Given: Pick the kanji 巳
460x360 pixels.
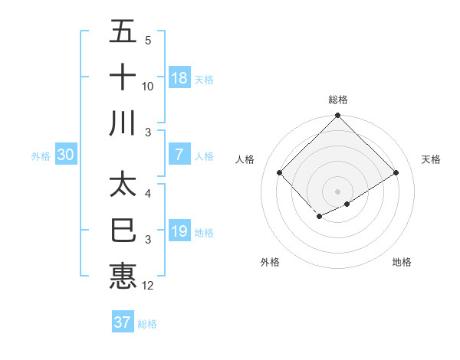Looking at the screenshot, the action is point(123,230).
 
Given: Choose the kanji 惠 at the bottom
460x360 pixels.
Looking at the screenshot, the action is point(123,275).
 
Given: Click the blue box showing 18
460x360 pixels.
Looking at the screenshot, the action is point(179,77).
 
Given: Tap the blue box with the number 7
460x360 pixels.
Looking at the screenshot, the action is point(179,155).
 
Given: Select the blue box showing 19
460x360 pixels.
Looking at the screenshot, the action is point(179,231).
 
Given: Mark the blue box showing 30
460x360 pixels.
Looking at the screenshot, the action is point(66,155).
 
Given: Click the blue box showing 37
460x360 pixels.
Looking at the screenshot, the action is point(123,322).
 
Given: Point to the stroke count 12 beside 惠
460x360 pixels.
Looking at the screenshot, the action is point(149,286).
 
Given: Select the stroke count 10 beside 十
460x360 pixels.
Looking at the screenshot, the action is point(148,86).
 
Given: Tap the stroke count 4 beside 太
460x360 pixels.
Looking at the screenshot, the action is point(148,194).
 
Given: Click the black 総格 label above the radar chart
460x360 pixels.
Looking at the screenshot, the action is point(337,100).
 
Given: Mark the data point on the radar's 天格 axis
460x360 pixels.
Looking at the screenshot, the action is point(396,173).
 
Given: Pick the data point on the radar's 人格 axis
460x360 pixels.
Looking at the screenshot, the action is point(280,173).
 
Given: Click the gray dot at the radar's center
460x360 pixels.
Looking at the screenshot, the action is point(337,191).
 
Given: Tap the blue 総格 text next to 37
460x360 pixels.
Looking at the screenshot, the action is point(147,323).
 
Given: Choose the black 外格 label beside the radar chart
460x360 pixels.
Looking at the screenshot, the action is point(270,262).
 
